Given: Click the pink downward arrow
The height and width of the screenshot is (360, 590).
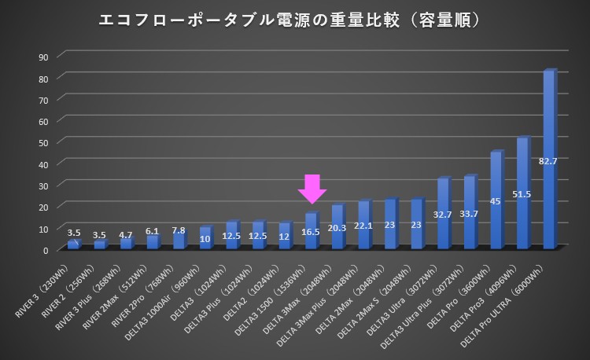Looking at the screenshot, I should coord(312,189).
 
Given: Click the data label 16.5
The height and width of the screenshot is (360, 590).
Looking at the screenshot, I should coord(311,233).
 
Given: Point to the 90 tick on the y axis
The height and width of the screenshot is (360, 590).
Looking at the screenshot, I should coord(44,57).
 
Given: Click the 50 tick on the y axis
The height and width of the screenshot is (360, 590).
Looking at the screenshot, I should coord(44,142).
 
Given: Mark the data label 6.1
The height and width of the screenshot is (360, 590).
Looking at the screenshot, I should coord(153,231).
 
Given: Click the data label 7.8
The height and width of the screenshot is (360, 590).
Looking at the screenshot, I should coord(179,230).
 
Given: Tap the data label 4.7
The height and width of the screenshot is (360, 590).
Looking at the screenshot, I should coord(126,233).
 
